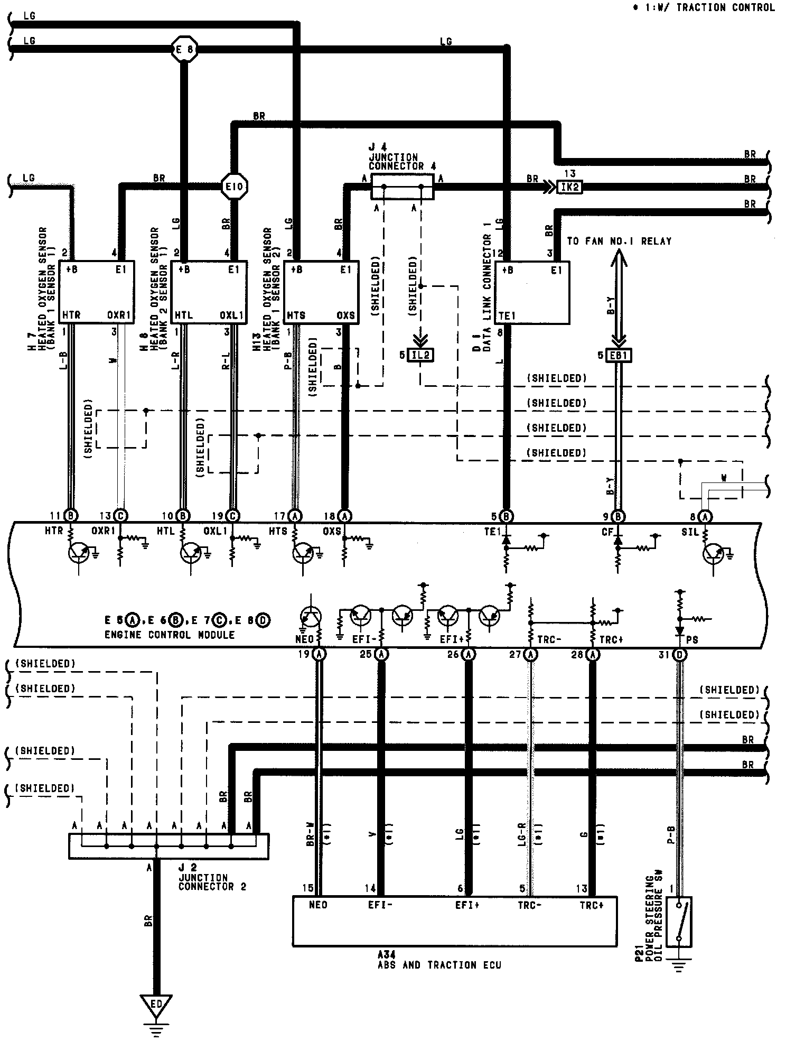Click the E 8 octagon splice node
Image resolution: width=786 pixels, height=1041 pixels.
coord(184,50)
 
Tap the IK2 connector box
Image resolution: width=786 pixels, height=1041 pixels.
coord(569,187)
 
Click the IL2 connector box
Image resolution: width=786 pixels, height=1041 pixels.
coord(420,355)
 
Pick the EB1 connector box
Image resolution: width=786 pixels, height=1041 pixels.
coord(618,356)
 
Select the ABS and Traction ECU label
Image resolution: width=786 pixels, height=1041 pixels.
coord(439,964)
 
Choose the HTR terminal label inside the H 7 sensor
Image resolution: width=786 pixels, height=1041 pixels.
coord(71,315)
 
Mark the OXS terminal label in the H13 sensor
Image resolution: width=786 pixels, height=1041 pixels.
coord(345,315)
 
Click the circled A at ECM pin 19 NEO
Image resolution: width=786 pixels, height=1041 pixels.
coord(319,654)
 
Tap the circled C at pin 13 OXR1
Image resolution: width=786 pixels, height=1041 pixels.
coord(121,516)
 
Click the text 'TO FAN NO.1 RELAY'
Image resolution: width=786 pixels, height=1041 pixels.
coord(619,241)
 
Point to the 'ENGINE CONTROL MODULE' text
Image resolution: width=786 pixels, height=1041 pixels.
coord(169,635)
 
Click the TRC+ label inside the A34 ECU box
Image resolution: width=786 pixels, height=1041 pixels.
coord(591,905)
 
